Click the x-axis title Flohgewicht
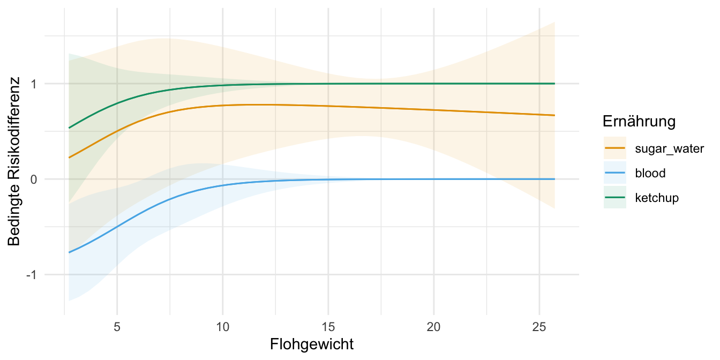pyautogui.click(x=312, y=344)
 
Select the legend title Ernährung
pyautogui.click(x=639, y=122)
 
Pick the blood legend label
pyautogui.click(x=650, y=173)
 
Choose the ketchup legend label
pyautogui.click(x=656, y=198)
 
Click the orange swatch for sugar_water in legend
pyautogui.click(x=614, y=148)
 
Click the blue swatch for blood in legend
pyautogui.click(x=614, y=173)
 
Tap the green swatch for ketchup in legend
pyautogui.click(x=614, y=198)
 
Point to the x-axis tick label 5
pyautogui.click(x=117, y=326)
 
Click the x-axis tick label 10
pyautogui.click(x=222, y=326)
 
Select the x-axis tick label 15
pyautogui.click(x=328, y=326)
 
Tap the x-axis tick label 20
pyautogui.click(x=434, y=326)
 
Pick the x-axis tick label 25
pyautogui.click(x=539, y=326)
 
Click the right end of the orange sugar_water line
pyautogui.click(x=554, y=115)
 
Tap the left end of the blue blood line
pyautogui.click(x=69, y=252)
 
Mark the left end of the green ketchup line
pyautogui.click(x=69, y=128)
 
